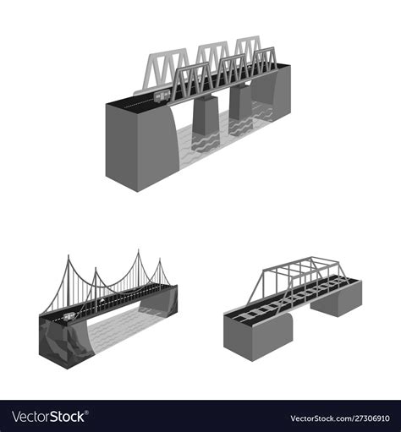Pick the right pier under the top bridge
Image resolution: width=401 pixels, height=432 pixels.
pos(240,101)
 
